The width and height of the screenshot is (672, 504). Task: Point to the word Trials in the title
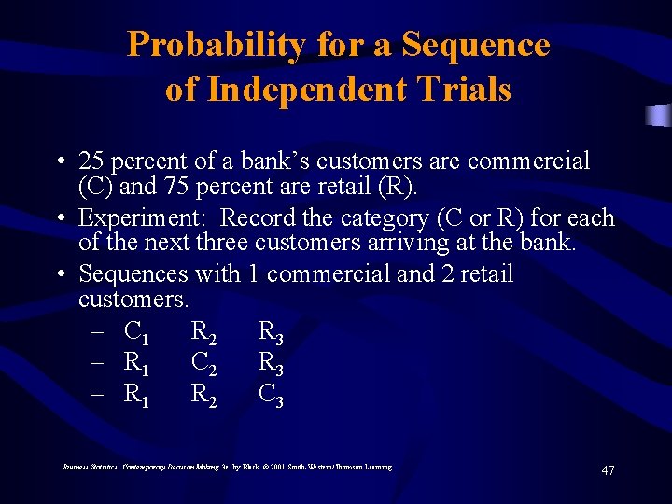pyautogui.click(x=465, y=90)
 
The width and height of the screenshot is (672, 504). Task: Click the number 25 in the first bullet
pyautogui.click(x=91, y=161)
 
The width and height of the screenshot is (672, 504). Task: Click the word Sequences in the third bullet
pyautogui.click(x=133, y=274)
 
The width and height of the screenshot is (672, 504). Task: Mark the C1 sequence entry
pyautogui.click(x=136, y=332)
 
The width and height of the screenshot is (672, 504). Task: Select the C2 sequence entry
pyautogui.click(x=203, y=364)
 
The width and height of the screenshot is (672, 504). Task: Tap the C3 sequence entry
pyautogui.click(x=271, y=396)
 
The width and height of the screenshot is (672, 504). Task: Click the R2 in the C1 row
pyautogui.click(x=203, y=332)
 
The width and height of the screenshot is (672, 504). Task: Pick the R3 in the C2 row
pyautogui.click(x=271, y=364)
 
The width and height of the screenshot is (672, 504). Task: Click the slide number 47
pyautogui.click(x=608, y=470)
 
